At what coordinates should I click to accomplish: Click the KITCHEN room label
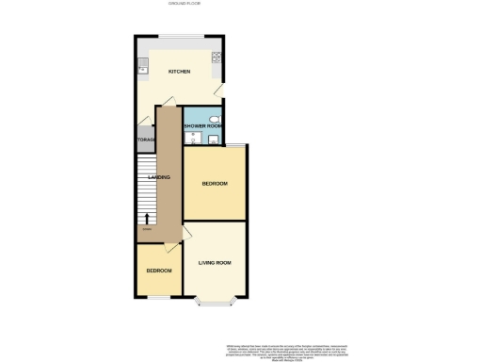click(179, 72)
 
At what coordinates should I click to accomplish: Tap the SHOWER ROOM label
click(201, 125)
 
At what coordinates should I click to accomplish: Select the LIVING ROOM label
click(215, 262)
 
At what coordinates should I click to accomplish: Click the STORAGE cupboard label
click(145, 140)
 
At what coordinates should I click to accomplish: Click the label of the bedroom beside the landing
click(215, 184)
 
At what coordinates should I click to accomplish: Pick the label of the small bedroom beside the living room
click(158, 271)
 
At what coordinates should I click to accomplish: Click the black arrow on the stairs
click(147, 218)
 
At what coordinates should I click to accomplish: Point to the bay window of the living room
click(215, 301)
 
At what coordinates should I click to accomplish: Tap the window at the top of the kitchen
click(179, 37)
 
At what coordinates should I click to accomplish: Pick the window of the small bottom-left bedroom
click(157, 297)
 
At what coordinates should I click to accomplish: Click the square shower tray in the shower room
click(214, 140)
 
